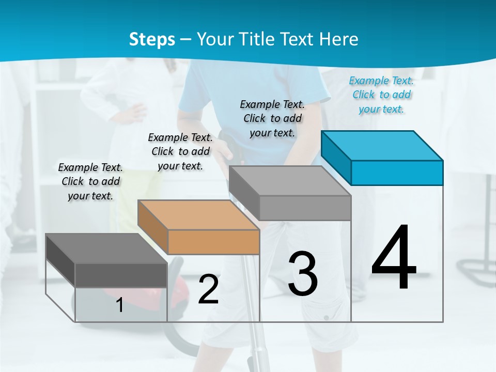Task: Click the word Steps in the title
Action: (x=152, y=39)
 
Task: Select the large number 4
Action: (x=394, y=258)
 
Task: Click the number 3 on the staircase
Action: (x=303, y=274)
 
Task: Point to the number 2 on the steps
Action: (x=208, y=289)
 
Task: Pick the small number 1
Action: (x=120, y=305)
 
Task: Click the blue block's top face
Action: (x=382, y=145)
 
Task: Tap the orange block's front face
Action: (x=213, y=242)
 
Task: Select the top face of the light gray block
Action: (x=289, y=181)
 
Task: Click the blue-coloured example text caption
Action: (x=382, y=95)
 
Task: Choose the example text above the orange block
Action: (x=180, y=151)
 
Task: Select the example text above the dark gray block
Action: (x=90, y=181)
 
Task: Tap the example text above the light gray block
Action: (x=272, y=118)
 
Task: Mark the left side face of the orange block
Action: (x=153, y=227)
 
